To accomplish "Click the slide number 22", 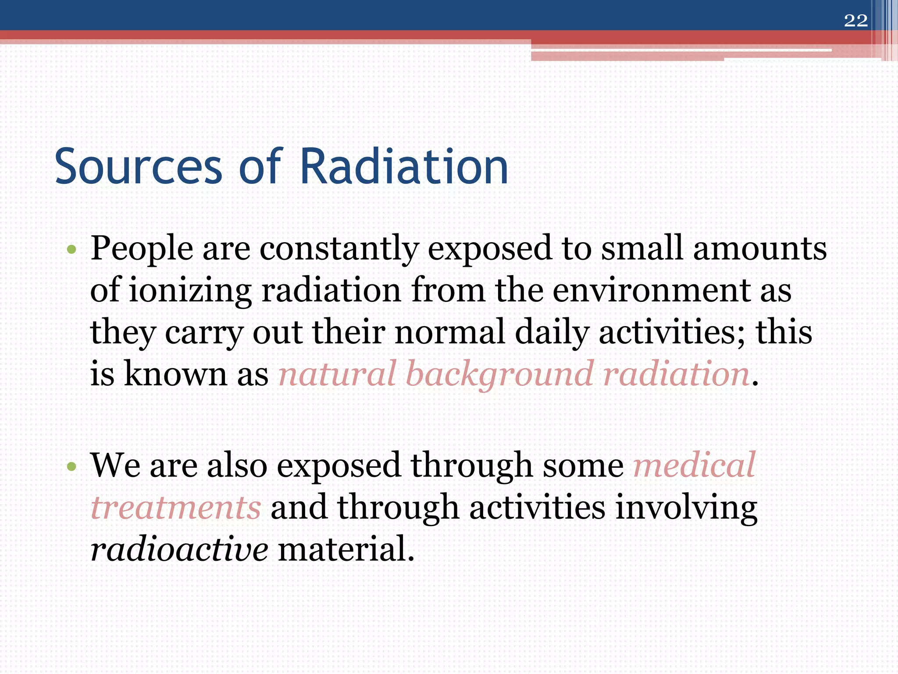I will click(x=855, y=21).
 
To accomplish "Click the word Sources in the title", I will click(x=139, y=167).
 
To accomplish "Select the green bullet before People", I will click(x=71, y=250).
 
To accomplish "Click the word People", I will click(x=141, y=249).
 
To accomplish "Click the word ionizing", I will click(x=190, y=290).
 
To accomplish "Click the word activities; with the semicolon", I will click(x=672, y=332).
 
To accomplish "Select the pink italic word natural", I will click(x=337, y=374).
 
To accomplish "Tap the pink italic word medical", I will click(x=694, y=465).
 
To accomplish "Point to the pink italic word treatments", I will click(x=176, y=508).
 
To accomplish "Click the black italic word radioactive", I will click(x=179, y=549).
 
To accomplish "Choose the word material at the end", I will click(x=346, y=549).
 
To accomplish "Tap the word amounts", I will click(x=759, y=249).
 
